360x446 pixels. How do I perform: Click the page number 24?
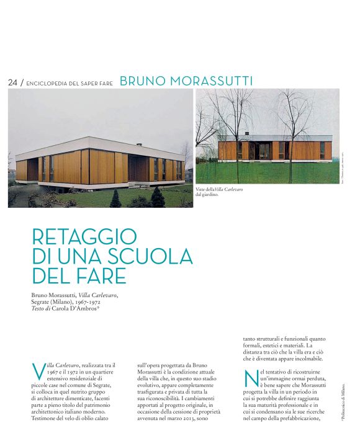click(x=12, y=82)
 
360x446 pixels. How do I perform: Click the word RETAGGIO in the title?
click(x=84, y=236)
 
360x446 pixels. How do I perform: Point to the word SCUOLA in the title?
click(x=151, y=255)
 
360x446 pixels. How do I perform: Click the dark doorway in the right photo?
click(x=264, y=150)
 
